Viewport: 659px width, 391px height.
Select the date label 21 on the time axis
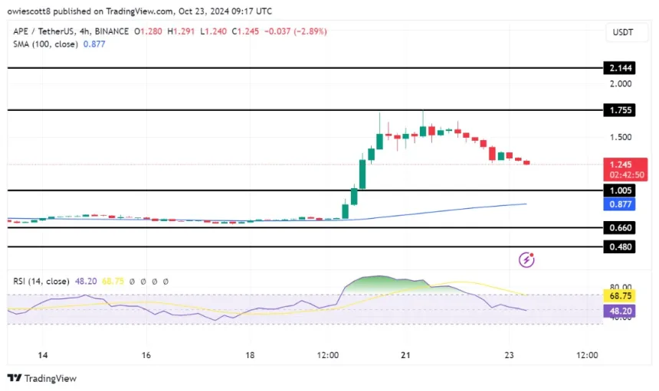point(407,356)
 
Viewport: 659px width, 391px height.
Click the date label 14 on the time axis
point(43,356)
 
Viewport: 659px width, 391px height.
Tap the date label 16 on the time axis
point(146,356)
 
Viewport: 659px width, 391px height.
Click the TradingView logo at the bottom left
point(42,378)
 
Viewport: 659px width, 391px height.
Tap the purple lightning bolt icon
point(526,260)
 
